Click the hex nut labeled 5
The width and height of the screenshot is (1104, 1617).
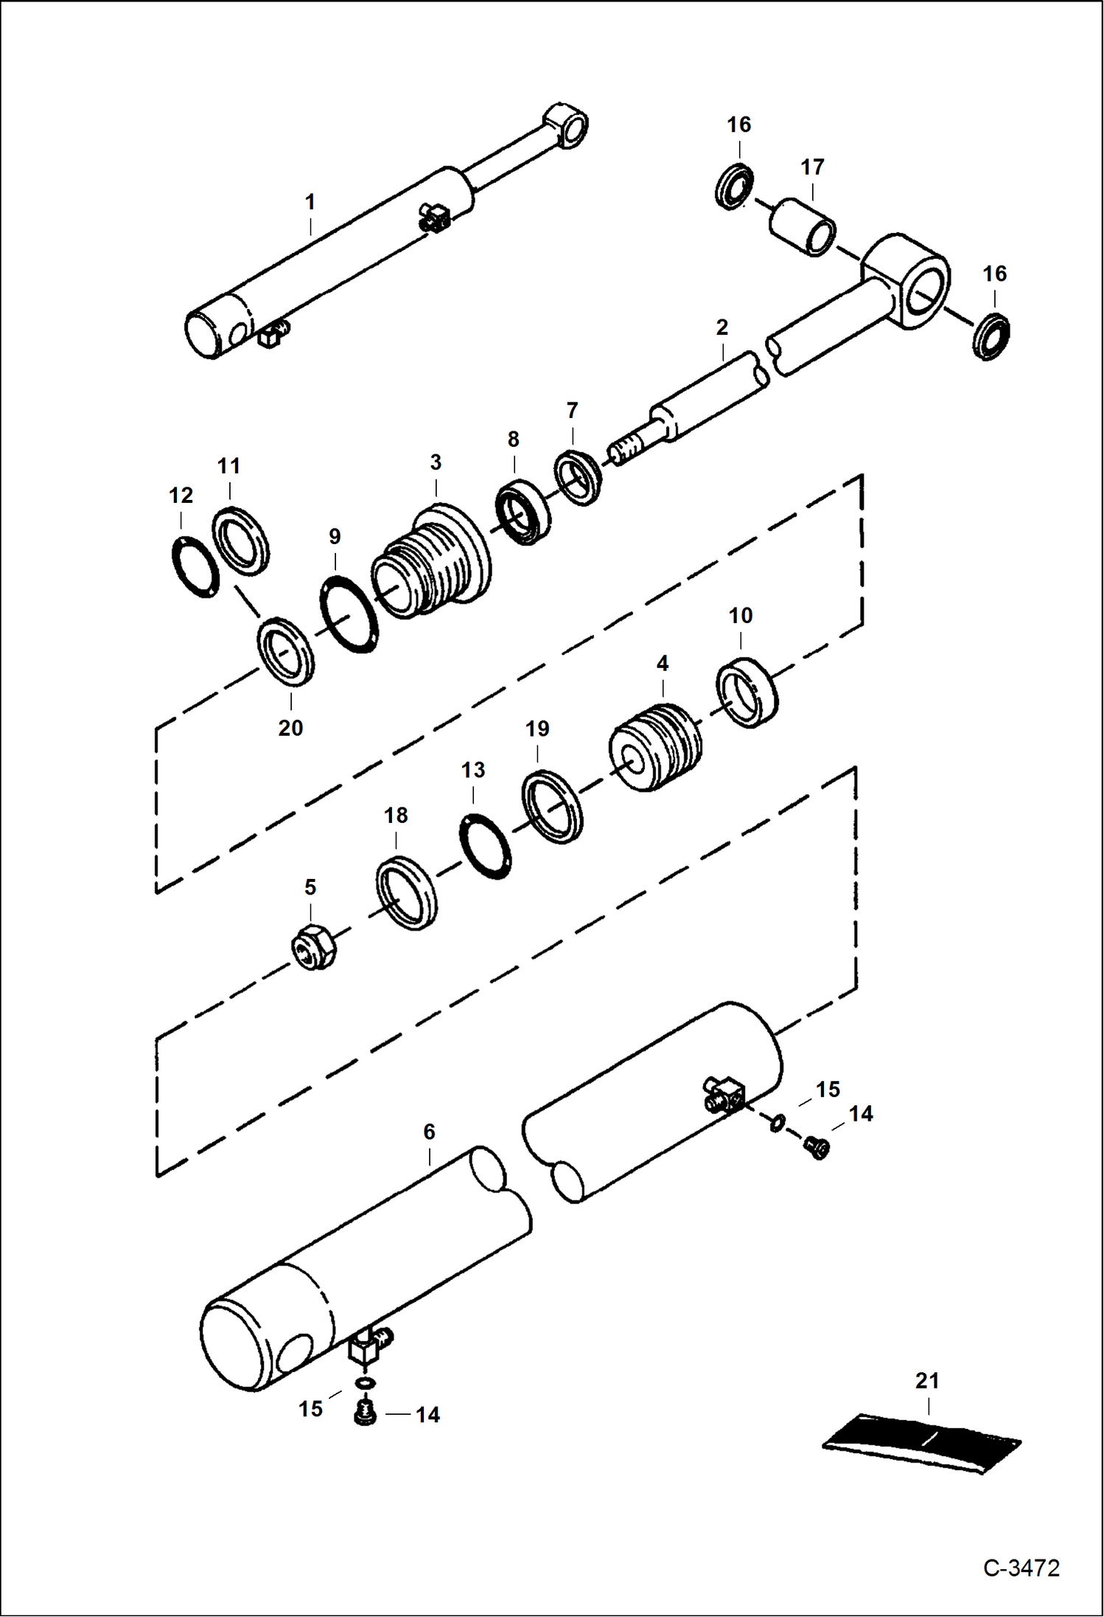coord(312,946)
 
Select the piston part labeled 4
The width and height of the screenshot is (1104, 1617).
coord(655,748)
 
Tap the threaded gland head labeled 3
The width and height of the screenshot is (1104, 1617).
coord(431,560)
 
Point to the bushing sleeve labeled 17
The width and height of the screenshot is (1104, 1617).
coord(803,226)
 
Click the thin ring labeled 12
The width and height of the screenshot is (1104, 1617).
coord(195,568)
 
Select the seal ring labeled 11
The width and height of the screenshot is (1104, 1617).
coord(241,540)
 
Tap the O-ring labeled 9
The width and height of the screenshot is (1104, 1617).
coord(350,615)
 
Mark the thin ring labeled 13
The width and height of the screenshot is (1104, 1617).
coord(486,846)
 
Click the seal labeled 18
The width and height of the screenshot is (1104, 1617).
coord(406,893)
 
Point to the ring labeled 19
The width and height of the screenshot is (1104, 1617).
coord(552,807)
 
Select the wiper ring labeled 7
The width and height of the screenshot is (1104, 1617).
coord(578,477)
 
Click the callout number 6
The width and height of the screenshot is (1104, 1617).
coord(429,1131)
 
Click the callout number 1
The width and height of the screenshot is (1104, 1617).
coord(310,201)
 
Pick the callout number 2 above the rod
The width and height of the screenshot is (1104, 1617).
coord(722,327)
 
